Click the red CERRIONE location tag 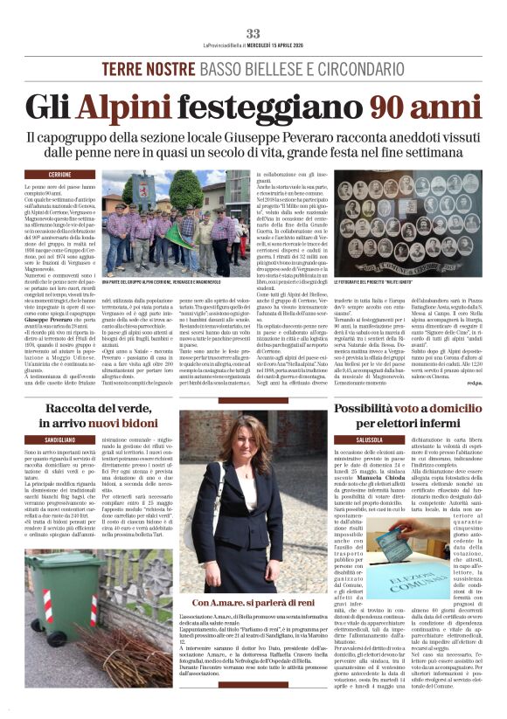coord(60,175)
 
